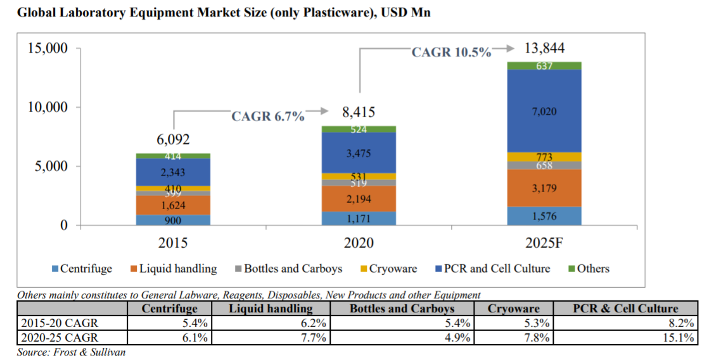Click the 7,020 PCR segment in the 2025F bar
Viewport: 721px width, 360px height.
[x=544, y=112]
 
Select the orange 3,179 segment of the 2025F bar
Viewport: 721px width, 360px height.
[x=544, y=188]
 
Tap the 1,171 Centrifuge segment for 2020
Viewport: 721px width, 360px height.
[x=359, y=219]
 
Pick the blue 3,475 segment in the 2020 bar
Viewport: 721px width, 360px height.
[x=359, y=153]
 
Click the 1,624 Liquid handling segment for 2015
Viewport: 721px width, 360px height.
[x=173, y=205]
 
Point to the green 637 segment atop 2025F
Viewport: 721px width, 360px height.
[x=544, y=66]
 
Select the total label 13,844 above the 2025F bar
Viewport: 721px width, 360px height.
[x=544, y=49]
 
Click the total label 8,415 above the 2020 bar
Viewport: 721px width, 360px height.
[x=359, y=113]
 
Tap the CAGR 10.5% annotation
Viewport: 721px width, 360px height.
[x=451, y=53]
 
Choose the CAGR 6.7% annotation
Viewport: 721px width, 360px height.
[x=267, y=117]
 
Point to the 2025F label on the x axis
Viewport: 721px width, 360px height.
[x=544, y=243]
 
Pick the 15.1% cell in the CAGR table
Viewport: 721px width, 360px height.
[x=681, y=338]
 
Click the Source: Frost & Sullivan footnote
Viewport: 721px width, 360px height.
[x=71, y=352]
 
